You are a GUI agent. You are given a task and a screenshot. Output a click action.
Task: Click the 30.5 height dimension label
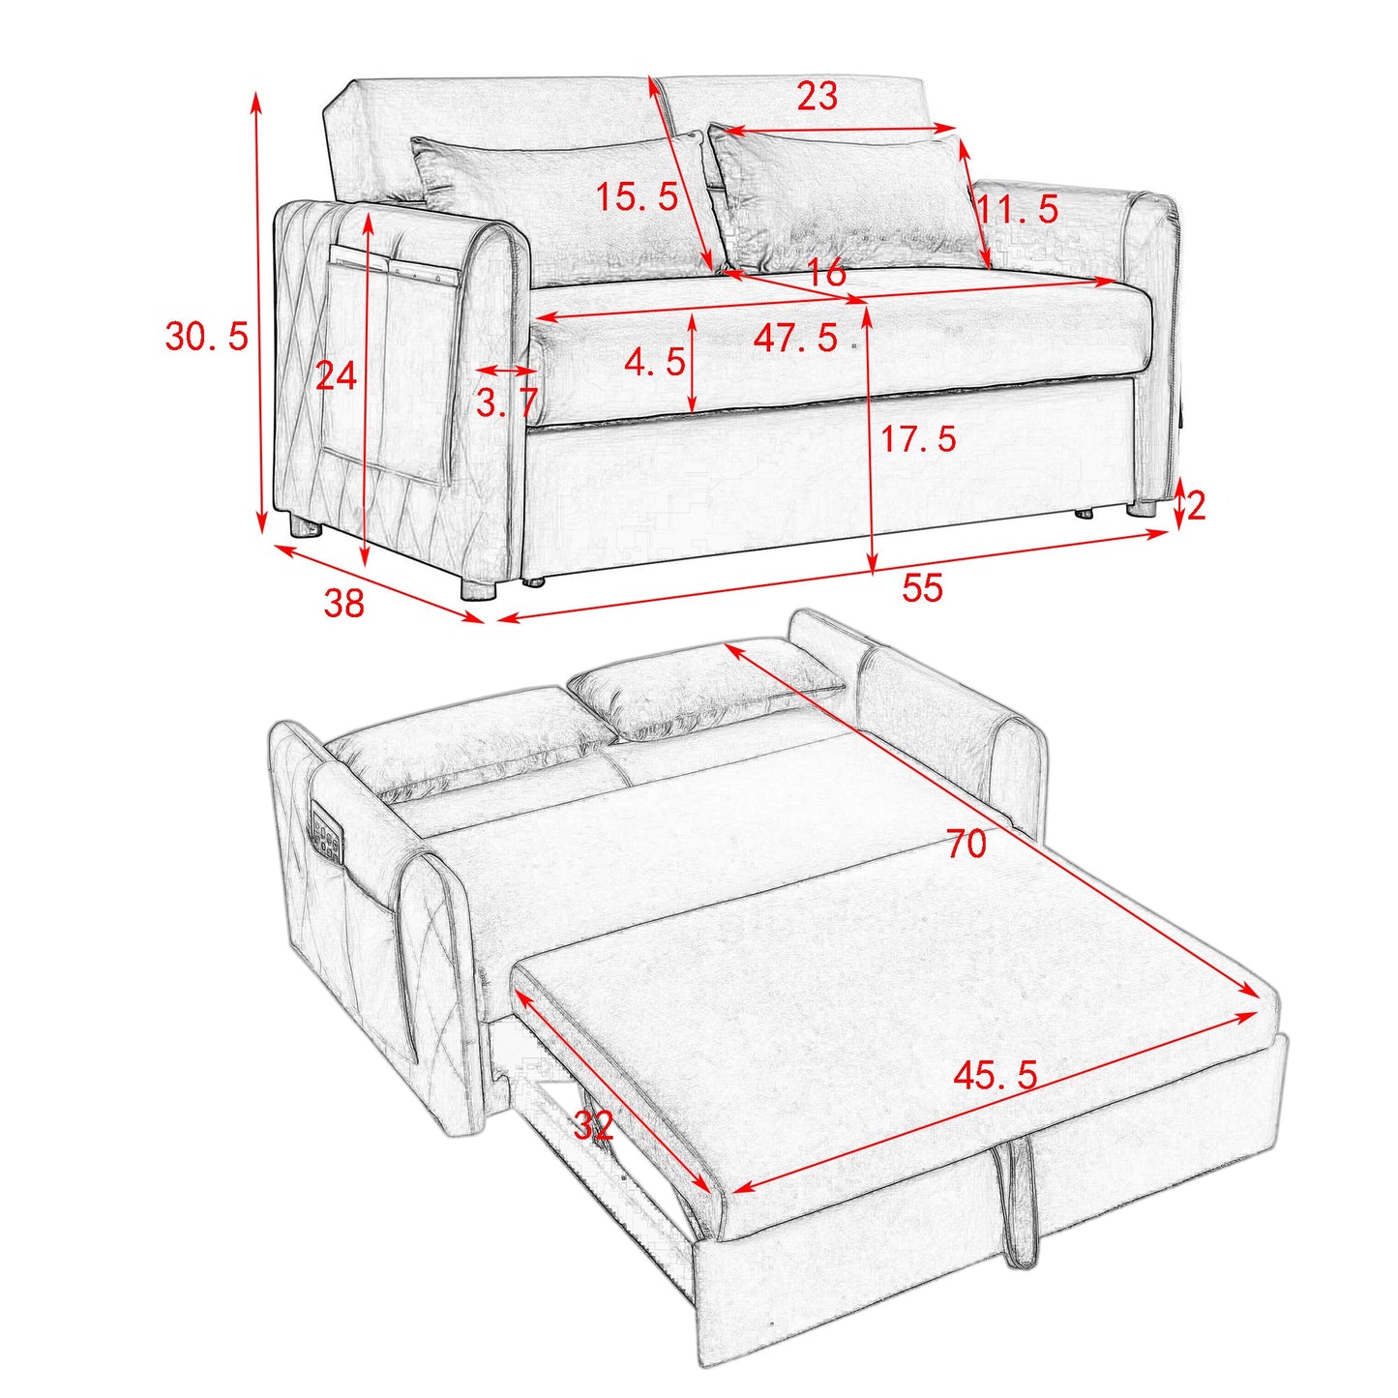(x=206, y=337)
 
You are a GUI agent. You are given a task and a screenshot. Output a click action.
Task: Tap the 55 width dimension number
(x=921, y=587)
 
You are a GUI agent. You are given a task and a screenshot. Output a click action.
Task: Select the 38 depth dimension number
(x=343, y=603)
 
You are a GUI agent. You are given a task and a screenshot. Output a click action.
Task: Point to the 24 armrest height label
(x=336, y=375)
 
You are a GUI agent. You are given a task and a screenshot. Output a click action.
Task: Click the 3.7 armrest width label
(x=505, y=402)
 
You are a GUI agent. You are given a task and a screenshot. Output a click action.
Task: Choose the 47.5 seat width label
(x=795, y=338)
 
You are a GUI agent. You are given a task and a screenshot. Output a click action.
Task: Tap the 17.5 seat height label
(x=917, y=439)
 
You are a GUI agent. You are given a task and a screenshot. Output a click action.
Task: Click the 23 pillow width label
(x=817, y=97)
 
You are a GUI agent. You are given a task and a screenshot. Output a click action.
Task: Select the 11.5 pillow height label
(x=1017, y=209)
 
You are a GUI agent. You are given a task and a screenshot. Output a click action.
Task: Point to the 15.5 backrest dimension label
(x=637, y=197)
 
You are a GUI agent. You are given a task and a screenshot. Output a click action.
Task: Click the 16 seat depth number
(x=826, y=273)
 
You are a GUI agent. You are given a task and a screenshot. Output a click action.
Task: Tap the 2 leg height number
(x=1196, y=506)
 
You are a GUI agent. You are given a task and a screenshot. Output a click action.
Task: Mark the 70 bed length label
(x=966, y=844)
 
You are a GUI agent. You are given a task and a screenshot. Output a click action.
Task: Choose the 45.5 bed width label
(x=996, y=1075)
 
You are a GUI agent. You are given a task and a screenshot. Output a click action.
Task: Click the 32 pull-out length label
(x=593, y=1125)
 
